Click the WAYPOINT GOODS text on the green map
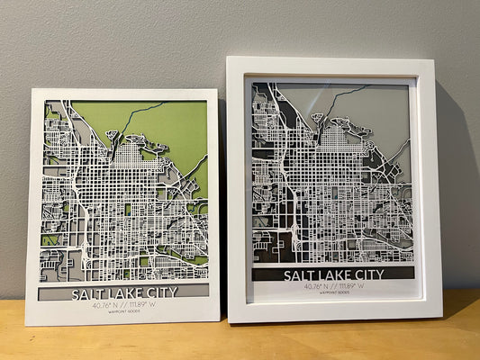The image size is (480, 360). click(124, 314)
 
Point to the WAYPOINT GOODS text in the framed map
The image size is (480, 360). click(333, 295)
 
